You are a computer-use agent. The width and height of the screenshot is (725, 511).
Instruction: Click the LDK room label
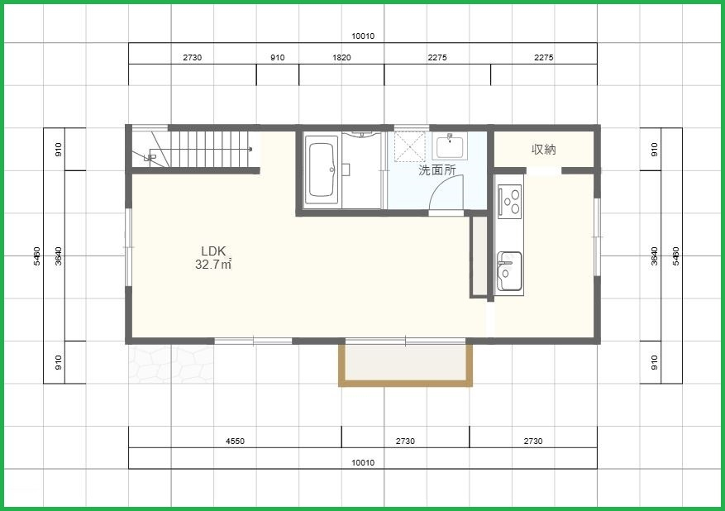coord(213,251)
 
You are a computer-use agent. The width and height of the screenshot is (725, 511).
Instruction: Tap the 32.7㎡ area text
coord(213,265)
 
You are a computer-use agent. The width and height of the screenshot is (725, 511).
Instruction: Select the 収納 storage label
coord(543,150)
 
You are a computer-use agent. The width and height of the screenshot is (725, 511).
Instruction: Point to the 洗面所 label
coord(437,170)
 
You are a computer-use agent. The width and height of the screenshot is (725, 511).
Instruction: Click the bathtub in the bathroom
coord(322,169)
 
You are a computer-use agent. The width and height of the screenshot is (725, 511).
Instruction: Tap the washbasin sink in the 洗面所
coord(450,146)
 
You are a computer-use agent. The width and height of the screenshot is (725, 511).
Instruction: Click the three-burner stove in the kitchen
coord(509,201)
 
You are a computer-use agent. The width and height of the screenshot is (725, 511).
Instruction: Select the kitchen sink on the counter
coord(509,271)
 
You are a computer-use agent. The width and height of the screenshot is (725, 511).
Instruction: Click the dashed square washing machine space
coord(410,146)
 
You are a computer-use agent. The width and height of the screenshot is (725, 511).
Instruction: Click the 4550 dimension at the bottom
coord(235,442)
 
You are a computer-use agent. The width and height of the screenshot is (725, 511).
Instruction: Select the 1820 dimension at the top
coord(341,58)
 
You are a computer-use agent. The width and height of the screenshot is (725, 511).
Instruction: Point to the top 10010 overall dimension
coord(363,36)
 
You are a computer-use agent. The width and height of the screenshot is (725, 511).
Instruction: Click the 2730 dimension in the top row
coord(193,58)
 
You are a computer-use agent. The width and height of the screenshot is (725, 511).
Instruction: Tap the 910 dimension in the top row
coord(278,58)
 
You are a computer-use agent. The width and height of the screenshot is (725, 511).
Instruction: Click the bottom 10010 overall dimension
coord(363,462)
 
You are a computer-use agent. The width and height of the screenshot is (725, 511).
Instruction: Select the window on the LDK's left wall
coord(128,247)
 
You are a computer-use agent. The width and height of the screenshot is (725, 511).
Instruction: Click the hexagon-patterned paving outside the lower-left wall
coord(172,364)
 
